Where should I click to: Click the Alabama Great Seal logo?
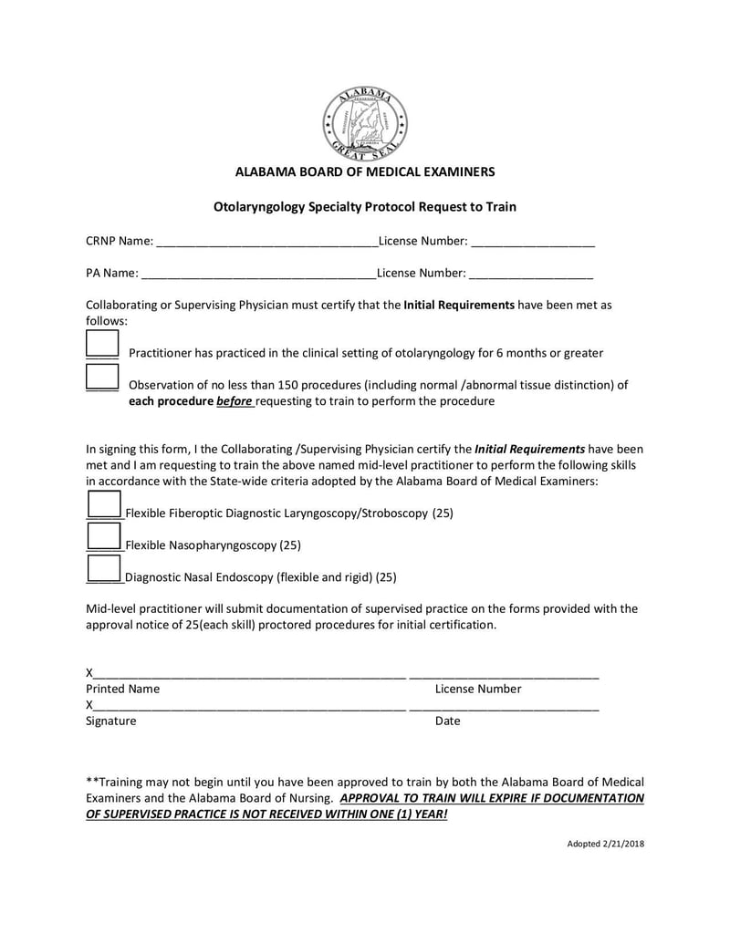365,124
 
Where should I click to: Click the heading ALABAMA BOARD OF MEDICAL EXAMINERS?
365,171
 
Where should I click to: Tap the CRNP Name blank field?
266,241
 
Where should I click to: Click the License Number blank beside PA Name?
531,272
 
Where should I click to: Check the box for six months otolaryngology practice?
102,345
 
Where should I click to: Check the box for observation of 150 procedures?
102,377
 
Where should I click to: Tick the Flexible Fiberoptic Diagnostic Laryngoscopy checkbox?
103,504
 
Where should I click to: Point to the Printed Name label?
122,690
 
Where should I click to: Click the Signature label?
110,721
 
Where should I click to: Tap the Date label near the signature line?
447,721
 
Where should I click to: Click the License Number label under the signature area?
477,690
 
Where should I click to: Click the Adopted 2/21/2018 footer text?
605,844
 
